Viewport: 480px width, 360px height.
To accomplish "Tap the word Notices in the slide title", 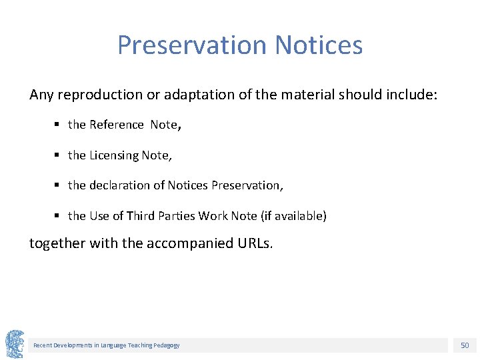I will (x=319, y=45).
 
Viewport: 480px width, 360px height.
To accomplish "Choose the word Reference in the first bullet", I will (x=117, y=125).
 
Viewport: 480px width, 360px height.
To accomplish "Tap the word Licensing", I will (x=114, y=155).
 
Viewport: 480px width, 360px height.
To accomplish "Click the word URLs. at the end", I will (x=255, y=243).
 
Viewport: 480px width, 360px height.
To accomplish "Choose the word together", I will (x=57, y=243).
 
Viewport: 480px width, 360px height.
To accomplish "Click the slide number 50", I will (x=465, y=345).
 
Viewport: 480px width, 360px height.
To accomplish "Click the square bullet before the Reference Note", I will (x=59, y=125).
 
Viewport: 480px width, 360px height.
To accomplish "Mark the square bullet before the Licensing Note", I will (x=59, y=155).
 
